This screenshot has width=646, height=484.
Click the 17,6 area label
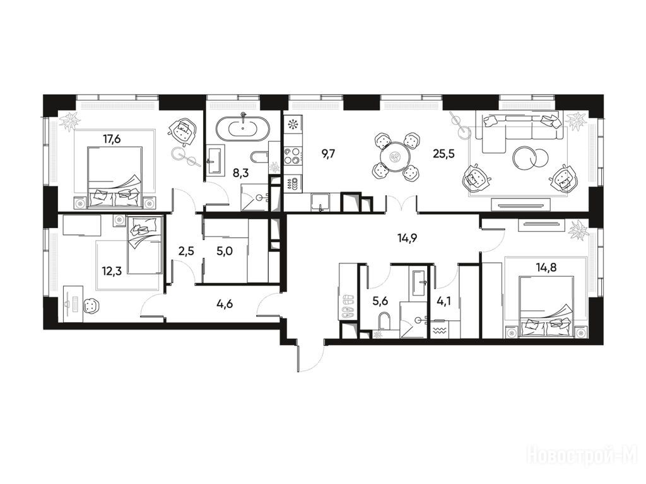112,139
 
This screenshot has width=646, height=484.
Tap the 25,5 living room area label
443,154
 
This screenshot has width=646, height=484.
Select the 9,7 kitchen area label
328,154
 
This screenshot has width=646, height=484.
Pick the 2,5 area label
185,251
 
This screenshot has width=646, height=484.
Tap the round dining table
396,156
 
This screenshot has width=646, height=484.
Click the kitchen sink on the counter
320,202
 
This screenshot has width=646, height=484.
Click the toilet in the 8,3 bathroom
259,157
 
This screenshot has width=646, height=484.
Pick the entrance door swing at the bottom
310,358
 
